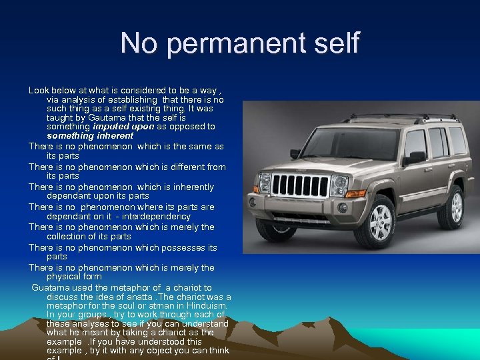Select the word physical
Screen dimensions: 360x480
coord(62,276)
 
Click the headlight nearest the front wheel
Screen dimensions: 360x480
coord(339,185)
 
